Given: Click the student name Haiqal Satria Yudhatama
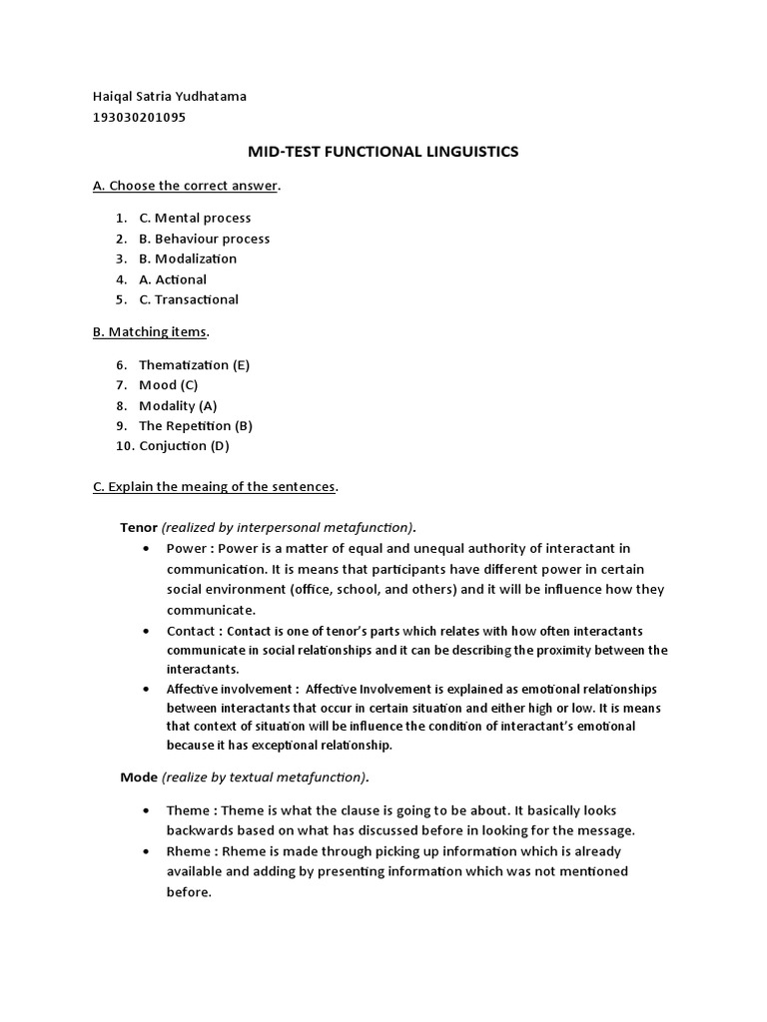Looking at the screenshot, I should point(169,97).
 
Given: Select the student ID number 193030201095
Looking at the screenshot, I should point(139,117).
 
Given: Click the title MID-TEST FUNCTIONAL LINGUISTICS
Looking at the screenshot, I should point(383,152).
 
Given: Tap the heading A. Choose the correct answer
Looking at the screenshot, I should point(186,186).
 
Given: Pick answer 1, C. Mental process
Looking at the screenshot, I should point(195,218).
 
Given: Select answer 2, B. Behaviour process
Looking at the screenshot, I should point(204,239).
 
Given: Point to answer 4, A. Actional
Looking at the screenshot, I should point(173,279).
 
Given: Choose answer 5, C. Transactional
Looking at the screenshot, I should point(189,299).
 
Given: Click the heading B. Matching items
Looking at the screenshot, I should point(151,331).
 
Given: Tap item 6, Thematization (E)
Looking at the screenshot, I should point(194,364).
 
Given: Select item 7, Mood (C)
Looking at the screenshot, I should point(168,385).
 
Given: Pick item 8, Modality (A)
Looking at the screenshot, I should point(178,405).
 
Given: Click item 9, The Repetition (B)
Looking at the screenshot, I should point(196,426).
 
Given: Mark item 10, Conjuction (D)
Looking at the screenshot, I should point(184,446).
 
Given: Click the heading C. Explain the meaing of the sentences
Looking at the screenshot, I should point(215,487).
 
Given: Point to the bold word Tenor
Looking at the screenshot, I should point(138,527).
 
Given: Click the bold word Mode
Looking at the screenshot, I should point(138,776).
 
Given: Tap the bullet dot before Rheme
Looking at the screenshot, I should point(147,851).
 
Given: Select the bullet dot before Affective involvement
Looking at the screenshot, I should point(147,689).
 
